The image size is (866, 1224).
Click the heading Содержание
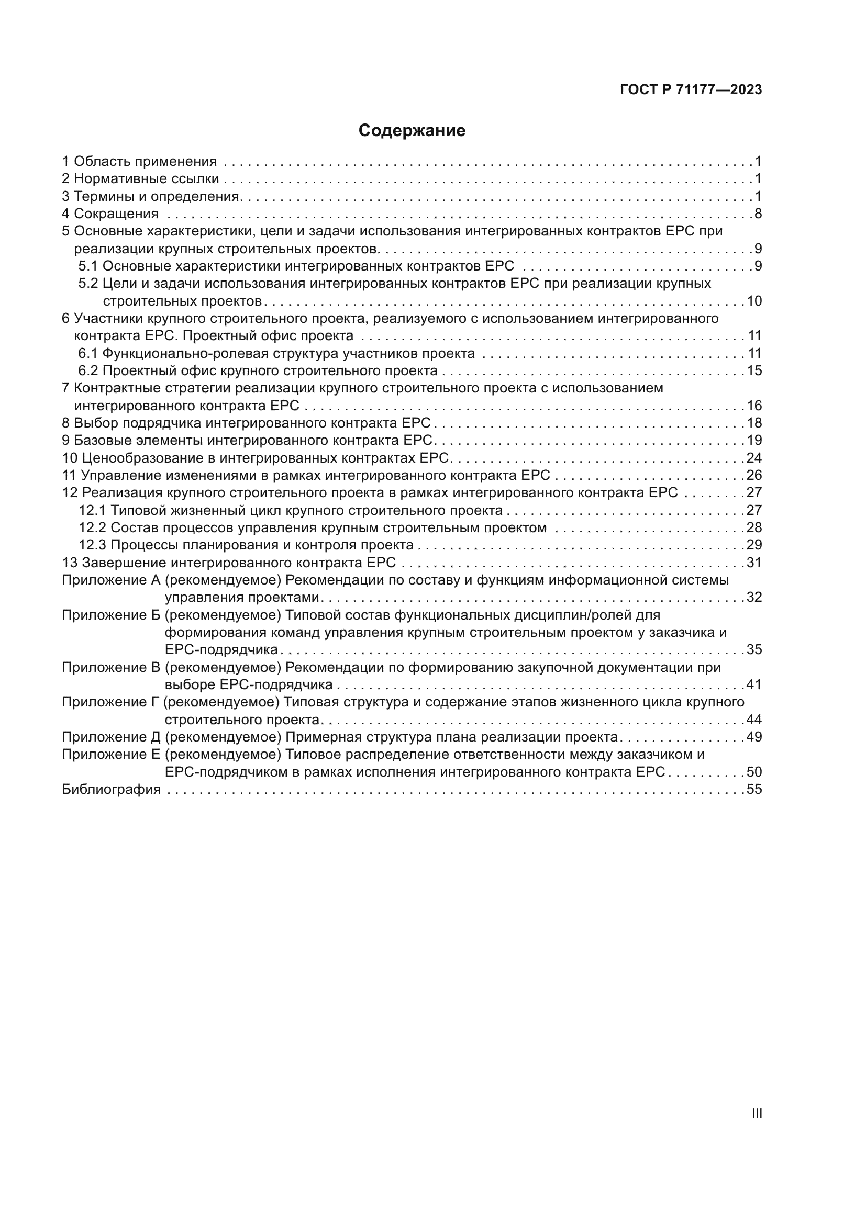412,131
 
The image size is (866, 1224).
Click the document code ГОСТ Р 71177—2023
691,89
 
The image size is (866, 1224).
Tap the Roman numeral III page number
756,1114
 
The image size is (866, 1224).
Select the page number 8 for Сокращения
758,214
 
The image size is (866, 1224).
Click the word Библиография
111,790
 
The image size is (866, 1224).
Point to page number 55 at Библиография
754,790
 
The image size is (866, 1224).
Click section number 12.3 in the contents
93,545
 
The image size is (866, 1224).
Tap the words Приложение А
111,580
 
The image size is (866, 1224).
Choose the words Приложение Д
111,737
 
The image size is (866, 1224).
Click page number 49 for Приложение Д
754,737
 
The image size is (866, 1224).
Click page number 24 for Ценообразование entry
754,458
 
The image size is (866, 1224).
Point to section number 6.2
88,370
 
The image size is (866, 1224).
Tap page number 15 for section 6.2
754,370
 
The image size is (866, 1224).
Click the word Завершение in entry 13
124,563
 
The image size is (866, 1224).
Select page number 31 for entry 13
754,563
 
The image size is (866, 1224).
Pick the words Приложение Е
111,755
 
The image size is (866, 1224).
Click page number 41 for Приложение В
754,685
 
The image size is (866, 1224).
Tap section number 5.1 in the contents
88,266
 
